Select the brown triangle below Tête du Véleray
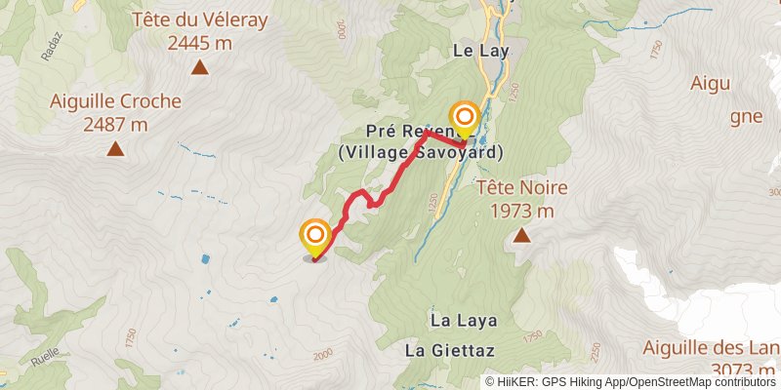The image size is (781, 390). [x=199, y=67]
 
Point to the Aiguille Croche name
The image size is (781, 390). [x=115, y=101]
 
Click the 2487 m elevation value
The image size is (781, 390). [x=115, y=124]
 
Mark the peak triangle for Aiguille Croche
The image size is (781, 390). [x=115, y=149]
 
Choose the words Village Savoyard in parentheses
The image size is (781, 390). [x=421, y=153]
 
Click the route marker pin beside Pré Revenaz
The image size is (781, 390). [x=465, y=120]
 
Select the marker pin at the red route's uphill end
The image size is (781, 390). [x=315, y=238]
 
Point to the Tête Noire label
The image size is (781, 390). [x=522, y=188]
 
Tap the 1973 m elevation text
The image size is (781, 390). [x=522, y=211]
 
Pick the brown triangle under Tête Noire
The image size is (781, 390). [x=522, y=235]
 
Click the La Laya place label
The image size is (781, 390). [x=464, y=320]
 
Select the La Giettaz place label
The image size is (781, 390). [x=451, y=350]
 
